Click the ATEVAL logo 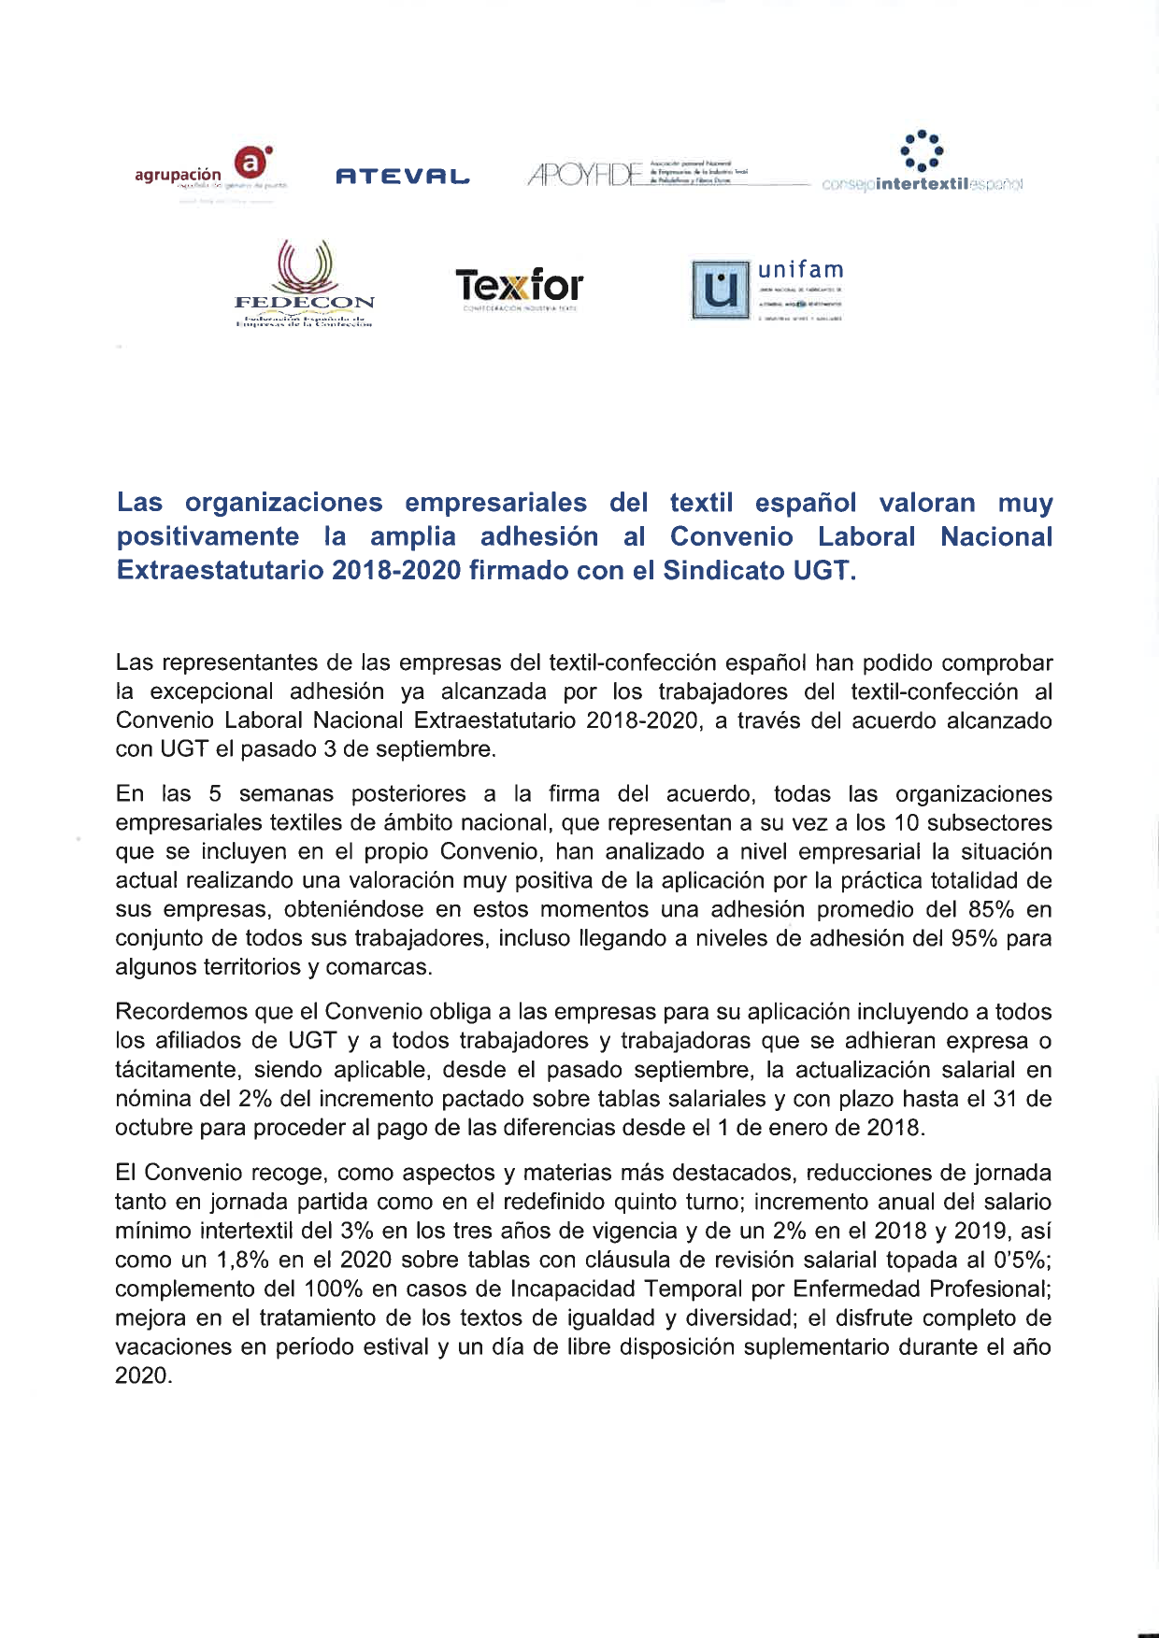(x=402, y=176)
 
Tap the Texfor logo (x=520, y=286)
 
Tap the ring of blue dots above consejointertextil (x=921, y=150)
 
